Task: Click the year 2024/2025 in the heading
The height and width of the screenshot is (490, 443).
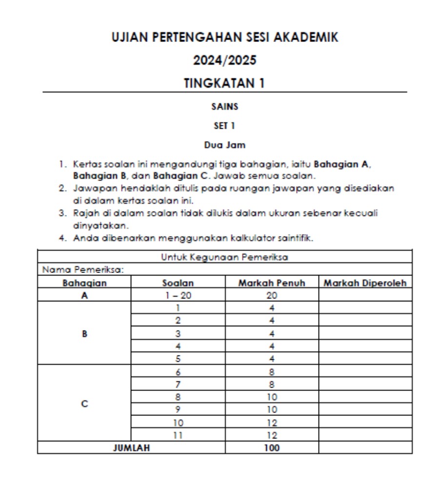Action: [x=224, y=60]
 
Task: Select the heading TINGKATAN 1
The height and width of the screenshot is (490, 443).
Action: [x=224, y=83]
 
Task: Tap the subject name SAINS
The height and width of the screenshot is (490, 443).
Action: [x=224, y=106]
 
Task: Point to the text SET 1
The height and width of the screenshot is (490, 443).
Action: [x=224, y=125]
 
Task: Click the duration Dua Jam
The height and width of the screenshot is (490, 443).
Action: [x=224, y=145]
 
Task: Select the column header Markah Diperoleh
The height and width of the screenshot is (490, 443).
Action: [x=365, y=283]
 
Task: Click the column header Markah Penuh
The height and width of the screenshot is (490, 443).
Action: [x=272, y=283]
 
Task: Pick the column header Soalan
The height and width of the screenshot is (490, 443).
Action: [x=178, y=283]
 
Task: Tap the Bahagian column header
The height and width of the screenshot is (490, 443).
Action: [x=84, y=283]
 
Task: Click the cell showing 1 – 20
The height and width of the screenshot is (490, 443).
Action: [x=178, y=295]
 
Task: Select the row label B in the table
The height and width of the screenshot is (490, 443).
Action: [x=84, y=334]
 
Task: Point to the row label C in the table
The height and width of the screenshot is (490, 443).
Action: [x=84, y=404]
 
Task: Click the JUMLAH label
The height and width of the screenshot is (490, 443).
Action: [x=131, y=448]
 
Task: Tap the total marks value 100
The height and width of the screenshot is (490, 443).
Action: [x=272, y=448]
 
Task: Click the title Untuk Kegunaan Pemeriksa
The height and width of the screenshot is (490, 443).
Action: [x=224, y=256]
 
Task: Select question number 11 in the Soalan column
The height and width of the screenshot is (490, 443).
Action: [x=178, y=435]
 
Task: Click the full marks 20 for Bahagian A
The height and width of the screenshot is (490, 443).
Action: [x=272, y=295]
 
